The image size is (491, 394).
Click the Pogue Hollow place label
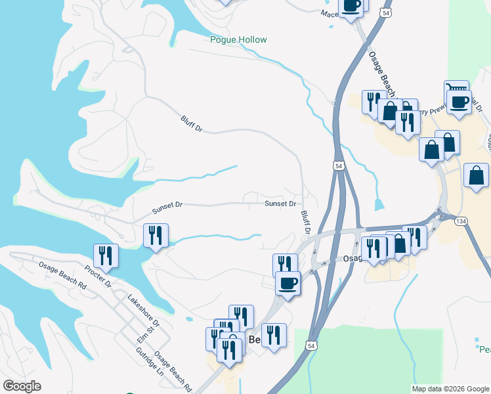(238, 39)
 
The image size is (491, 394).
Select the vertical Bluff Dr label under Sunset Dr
(305, 224)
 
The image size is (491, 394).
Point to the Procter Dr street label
(98, 277)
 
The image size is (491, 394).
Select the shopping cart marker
(456, 89)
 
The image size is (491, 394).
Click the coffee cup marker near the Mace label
(351, 5)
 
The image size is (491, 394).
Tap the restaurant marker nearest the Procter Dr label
(105, 255)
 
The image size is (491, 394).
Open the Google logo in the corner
(22, 386)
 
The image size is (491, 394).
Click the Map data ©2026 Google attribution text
(450, 389)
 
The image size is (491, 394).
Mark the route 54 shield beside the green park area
(311, 345)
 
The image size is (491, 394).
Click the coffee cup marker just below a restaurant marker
(288, 284)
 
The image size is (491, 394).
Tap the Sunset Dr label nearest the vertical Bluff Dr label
(280, 204)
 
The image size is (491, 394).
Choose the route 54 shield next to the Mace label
(386, 12)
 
